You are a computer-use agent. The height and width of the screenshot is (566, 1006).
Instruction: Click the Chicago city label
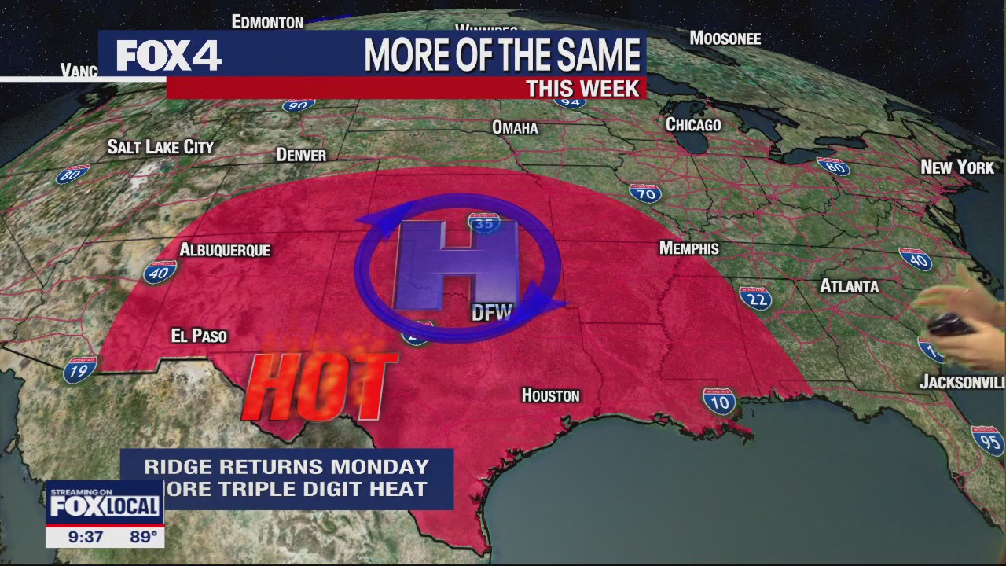[693, 125]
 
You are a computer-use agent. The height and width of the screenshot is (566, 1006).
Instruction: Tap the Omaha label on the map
[515, 127]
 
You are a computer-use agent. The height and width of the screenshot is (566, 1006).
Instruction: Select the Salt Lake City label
[160, 147]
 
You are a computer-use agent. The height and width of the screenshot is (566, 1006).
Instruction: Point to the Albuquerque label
[225, 250]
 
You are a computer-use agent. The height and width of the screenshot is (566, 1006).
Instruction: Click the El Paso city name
[199, 336]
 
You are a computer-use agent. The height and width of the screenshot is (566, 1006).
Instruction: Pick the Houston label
[550, 395]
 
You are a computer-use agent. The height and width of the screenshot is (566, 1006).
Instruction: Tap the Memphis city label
[688, 248]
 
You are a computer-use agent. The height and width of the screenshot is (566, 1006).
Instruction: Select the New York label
[957, 167]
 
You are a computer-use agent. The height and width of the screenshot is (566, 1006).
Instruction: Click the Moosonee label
[725, 39]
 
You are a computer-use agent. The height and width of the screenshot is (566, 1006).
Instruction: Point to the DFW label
[492, 313]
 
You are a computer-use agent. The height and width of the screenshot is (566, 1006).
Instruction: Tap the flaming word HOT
[318, 385]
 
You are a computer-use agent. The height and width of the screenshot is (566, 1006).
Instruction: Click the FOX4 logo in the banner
[168, 56]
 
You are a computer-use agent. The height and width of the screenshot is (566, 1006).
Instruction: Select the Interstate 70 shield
[644, 193]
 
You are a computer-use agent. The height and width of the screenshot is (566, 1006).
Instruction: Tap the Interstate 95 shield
[987, 441]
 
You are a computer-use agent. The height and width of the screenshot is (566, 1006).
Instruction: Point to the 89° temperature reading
[143, 538]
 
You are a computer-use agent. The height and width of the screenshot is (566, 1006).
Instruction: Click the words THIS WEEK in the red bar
[582, 88]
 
